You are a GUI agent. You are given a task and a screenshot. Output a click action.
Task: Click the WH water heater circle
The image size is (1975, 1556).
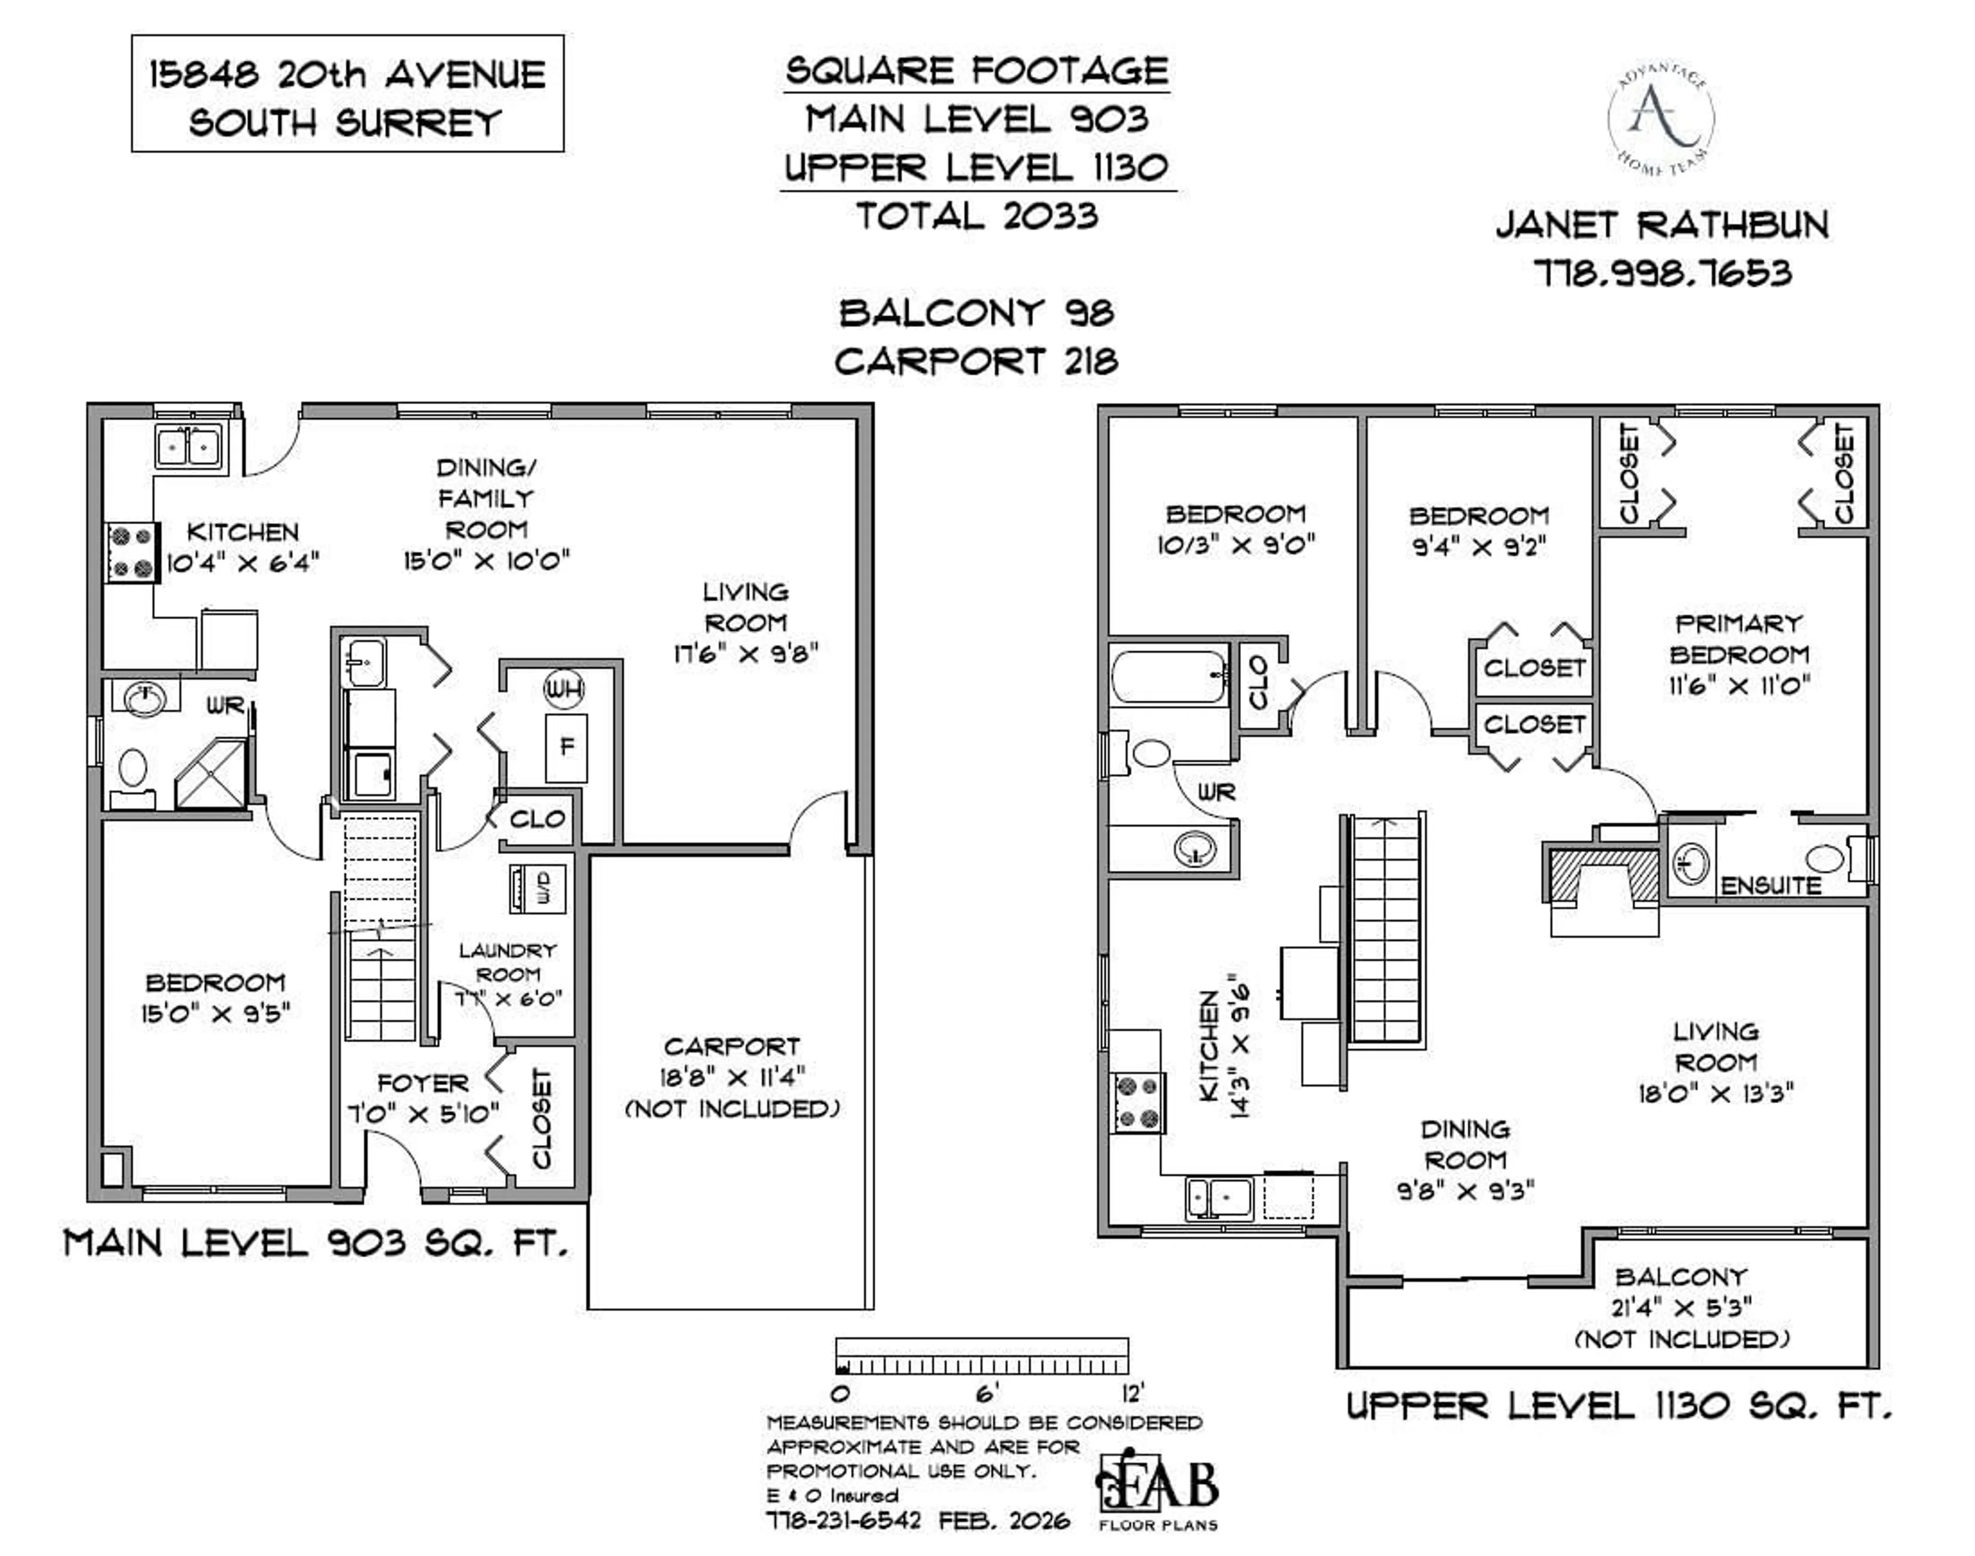click(564, 689)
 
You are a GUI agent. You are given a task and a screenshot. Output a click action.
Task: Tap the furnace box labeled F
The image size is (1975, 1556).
click(566, 747)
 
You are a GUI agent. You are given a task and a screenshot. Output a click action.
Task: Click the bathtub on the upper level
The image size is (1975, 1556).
click(1169, 676)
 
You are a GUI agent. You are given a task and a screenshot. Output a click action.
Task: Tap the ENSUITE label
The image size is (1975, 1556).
click(1769, 885)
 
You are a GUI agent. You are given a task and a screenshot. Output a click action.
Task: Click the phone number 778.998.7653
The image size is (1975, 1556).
click(1662, 273)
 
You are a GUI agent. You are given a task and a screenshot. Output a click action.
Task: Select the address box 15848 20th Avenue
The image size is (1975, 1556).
click(347, 94)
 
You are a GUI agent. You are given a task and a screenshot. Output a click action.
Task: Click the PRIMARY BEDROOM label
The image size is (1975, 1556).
click(1738, 639)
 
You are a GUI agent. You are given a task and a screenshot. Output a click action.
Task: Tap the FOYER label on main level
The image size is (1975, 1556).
click(423, 1083)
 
